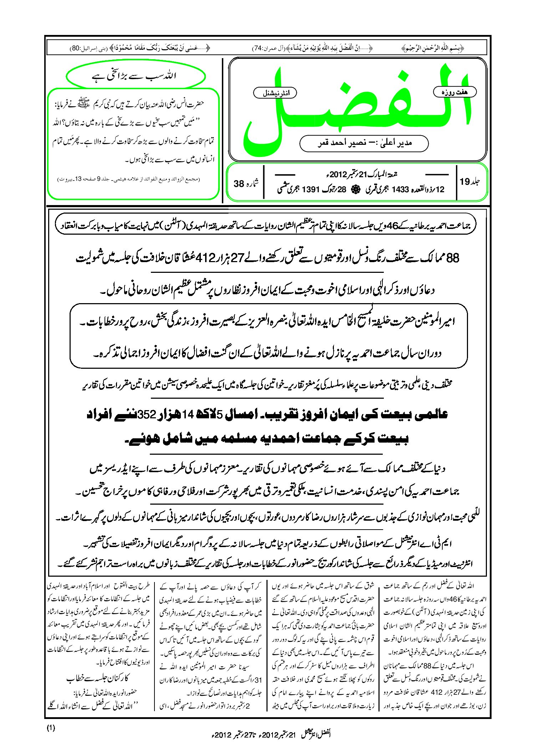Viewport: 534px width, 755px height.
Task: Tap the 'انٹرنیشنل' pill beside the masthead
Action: (275, 93)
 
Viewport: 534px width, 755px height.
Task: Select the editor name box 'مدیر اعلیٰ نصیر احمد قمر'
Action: (364, 143)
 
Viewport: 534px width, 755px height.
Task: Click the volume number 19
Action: (465, 182)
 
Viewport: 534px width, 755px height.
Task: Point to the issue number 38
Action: (239, 184)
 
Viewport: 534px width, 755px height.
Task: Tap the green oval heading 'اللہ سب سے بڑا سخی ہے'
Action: (136, 76)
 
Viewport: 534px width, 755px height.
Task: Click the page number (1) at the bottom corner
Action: (51, 728)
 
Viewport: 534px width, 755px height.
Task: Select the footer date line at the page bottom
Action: (271, 735)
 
